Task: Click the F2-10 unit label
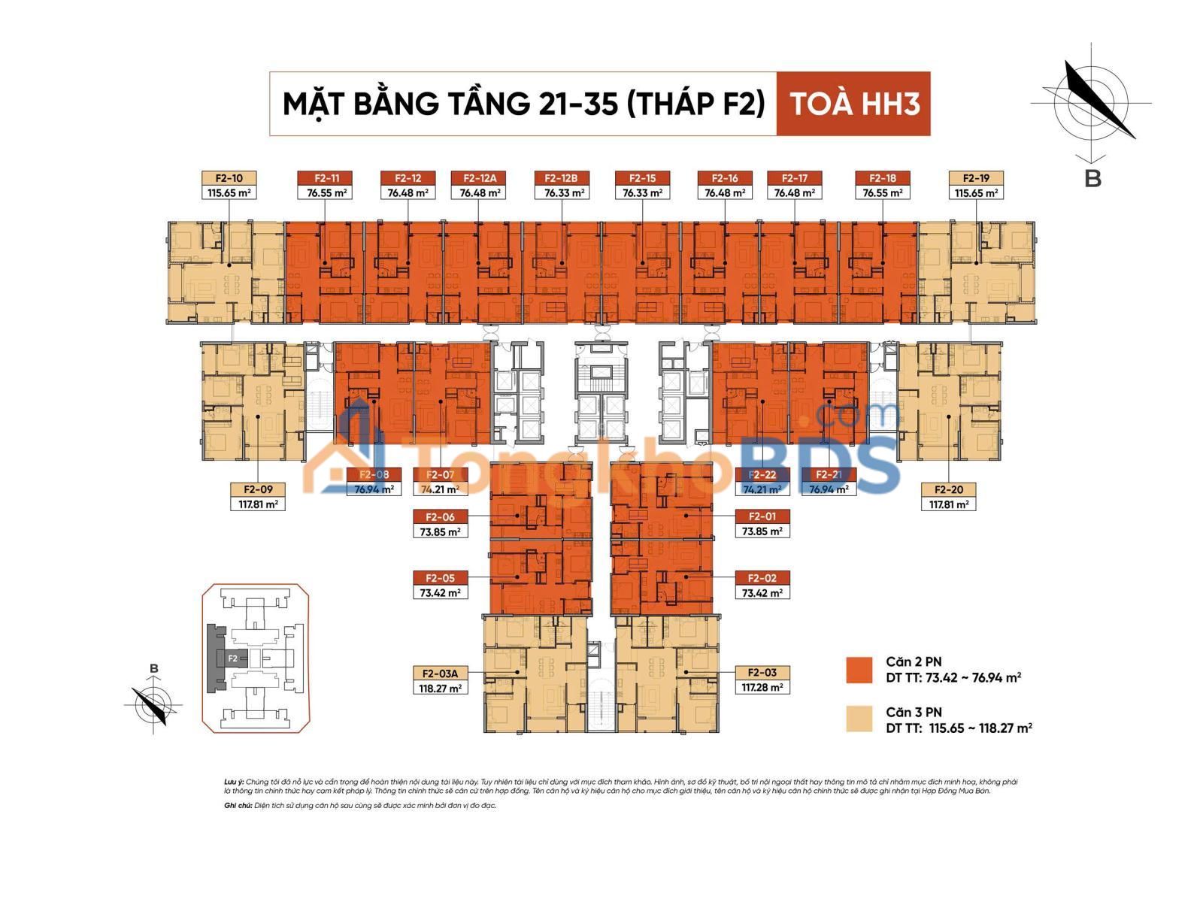229,179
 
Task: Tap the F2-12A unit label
478,179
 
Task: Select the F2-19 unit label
975,179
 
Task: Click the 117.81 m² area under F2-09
258,504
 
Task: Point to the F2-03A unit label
440,673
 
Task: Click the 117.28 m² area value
762,687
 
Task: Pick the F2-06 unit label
440,517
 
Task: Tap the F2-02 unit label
762,578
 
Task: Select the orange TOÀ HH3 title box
853,104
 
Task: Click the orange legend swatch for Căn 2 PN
859,670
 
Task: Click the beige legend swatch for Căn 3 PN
859,719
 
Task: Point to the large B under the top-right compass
1092,179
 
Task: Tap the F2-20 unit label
948,490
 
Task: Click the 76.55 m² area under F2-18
882,193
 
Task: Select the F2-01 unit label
762,517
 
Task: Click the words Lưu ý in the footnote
234,782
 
